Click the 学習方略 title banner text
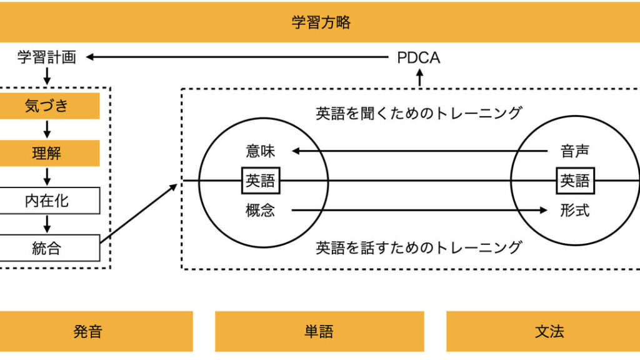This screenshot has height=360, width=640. (321, 23)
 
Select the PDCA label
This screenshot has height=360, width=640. (418, 58)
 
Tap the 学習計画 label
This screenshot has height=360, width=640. (46, 58)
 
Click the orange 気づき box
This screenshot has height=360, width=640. (46, 106)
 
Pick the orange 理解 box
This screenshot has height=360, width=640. (46, 153)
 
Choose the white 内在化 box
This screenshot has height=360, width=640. (46, 201)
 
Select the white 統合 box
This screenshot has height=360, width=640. (46, 248)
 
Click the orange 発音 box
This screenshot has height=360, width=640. (87, 331)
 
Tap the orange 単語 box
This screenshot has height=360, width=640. (319, 331)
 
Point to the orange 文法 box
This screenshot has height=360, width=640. (549, 331)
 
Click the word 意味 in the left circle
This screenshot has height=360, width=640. (260, 151)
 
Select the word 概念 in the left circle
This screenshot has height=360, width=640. (260, 211)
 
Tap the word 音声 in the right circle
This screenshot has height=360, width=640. (575, 151)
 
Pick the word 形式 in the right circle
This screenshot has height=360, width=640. (575, 211)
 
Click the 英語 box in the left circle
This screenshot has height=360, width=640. (261, 181)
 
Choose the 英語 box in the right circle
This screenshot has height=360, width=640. (575, 181)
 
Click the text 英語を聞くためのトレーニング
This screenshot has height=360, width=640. (418, 113)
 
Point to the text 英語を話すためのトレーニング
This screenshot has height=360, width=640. (418, 247)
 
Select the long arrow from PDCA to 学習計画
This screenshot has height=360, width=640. (237, 57)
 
